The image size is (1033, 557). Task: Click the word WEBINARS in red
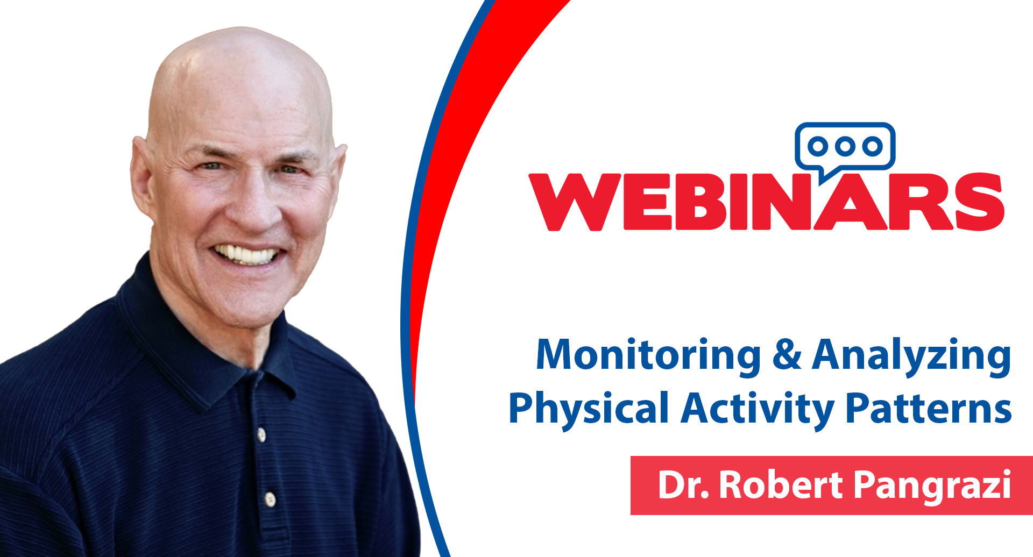pos(766,202)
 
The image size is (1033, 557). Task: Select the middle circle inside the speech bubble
pos(845,146)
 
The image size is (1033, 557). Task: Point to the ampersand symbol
pos(787,355)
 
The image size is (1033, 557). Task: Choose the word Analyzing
pos(911,356)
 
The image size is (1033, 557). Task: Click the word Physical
pos(589,410)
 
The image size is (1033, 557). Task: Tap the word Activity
pos(758,410)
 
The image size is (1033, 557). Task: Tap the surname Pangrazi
pos(932,486)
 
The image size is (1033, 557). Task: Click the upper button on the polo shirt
pos(261,434)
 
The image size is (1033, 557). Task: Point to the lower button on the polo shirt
pos(271,499)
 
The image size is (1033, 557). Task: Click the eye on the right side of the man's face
pos(291,169)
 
